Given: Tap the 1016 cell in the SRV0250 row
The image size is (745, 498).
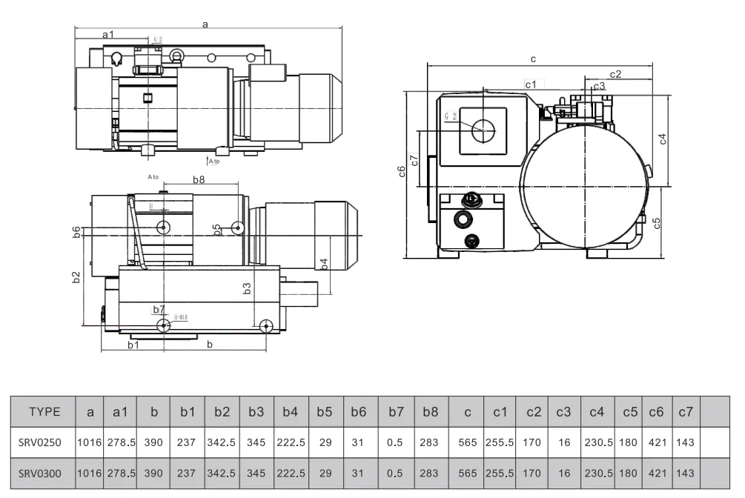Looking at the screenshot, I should tap(90, 442).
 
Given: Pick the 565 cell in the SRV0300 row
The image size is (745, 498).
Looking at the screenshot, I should tap(468, 473).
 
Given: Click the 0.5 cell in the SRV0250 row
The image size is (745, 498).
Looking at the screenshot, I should tap(395, 442).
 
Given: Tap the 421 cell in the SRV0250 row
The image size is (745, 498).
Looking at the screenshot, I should tap(656, 442).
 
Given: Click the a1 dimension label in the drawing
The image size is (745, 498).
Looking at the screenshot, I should tap(108, 34).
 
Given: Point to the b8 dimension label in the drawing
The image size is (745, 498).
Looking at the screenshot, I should tap(199, 179).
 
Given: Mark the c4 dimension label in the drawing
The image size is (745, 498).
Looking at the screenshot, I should tap(663, 139).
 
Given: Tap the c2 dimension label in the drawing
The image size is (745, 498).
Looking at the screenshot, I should tap(615, 73).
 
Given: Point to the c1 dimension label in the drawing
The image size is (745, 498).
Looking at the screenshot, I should tap(531, 84).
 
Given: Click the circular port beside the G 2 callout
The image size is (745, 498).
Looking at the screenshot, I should tap(483, 130).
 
